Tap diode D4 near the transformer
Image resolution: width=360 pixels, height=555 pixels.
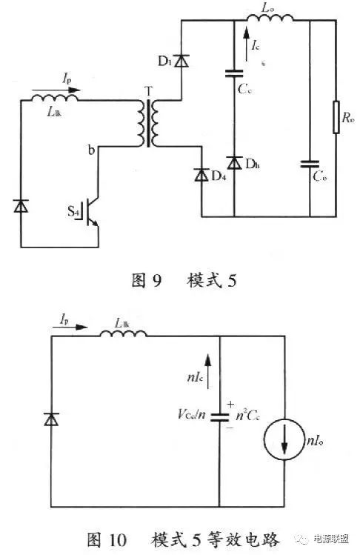pos(201,175)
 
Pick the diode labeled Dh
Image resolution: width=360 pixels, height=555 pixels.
pos(234,162)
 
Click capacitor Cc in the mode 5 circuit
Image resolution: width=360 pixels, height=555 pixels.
pos(234,73)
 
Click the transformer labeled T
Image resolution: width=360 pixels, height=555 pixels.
pos(149,124)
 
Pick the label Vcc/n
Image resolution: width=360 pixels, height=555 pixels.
pos(192,417)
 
